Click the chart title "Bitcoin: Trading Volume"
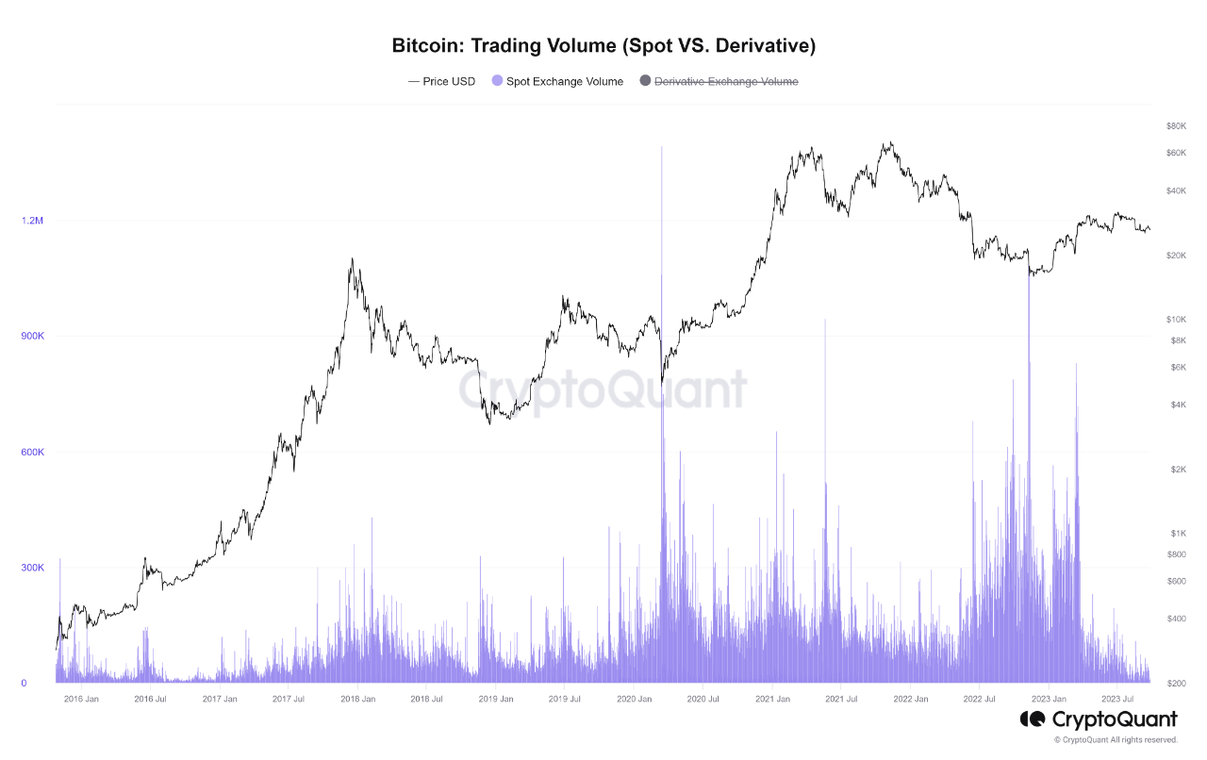tap(603, 45)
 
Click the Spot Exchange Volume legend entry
tap(557, 81)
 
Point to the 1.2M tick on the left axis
tap(32, 221)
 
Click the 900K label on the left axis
tap(32, 337)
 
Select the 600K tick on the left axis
tap(32, 453)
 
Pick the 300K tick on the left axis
tap(32, 568)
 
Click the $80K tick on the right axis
tap(1175, 126)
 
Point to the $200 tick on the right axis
tap(1175, 683)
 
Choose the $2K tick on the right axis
tap(1175, 470)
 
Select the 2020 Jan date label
tap(635, 700)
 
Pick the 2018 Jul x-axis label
tap(426, 700)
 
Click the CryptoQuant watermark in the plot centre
tap(603, 389)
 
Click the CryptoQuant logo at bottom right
tap(1099, 720)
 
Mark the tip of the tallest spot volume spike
tap(662, 147)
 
